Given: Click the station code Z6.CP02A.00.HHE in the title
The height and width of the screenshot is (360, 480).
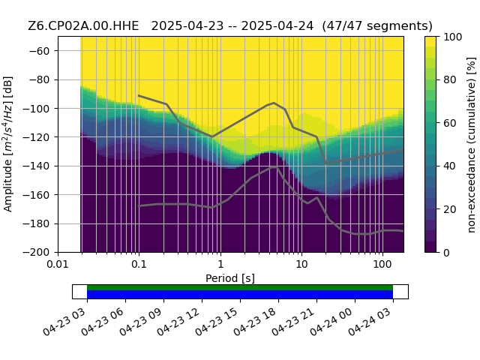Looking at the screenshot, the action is pyautogui.click(x=83, y=26).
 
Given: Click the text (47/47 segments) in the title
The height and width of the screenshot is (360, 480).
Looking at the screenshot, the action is pyautogui.click(x=377, y=26).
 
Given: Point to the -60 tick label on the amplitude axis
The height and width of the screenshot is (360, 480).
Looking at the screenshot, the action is pyautogui.click(x=39, y=51).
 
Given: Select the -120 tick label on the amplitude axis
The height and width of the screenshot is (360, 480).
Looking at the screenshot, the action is pyautogui.click(x=36, y=137).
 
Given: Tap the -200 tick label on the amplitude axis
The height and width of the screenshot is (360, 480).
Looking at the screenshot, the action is pyautogui.click(x=36, y=253).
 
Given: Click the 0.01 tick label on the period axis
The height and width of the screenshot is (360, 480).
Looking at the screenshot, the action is pyautogui.click(x=58, y=264).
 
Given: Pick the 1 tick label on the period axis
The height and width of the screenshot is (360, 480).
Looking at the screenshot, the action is pyautogui.click(x=220, y=264).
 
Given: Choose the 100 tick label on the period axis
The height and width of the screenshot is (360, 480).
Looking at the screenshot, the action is pyautogui.click(x=382, y=264).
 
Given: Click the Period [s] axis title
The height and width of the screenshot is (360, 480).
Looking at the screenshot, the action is pyautogui.click(x=230, y=278).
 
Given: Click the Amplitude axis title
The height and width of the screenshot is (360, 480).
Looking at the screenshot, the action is pyautogui.click(x=7, y=144).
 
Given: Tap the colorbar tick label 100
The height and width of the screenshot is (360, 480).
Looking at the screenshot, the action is pyautogui.click(x=453, y=37).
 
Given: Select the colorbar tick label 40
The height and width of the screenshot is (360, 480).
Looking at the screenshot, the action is pyautogui.click(x=450, y=166).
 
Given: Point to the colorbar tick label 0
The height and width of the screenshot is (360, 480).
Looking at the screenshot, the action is pyautogui.click(x=447, y=253).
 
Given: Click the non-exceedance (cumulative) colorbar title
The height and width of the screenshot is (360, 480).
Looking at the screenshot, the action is pyautogui.click(x=472, y=145).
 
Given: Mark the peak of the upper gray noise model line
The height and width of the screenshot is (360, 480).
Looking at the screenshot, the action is pyautogui.click(x=274, y=103).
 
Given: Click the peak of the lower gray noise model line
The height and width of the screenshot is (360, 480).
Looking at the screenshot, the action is pyautogui.click(x=273, y=166).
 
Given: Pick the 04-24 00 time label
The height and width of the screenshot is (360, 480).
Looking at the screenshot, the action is pyautogui.click(x=332, y=322).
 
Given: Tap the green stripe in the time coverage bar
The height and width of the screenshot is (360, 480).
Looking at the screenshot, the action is pyautogui.click(x=240, y=287).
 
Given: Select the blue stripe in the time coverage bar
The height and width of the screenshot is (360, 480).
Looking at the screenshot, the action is pyautogui.click(x=240, y=295).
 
